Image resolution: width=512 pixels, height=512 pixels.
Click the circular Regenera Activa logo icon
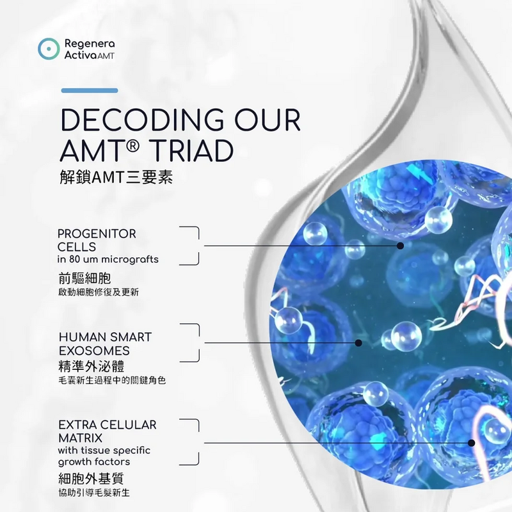(x=49, y=49)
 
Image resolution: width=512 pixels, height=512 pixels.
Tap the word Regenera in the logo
(x=90, y=44)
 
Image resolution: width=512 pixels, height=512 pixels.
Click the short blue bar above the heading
(x=90, y=90)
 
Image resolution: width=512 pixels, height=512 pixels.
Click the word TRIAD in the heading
(x=193, y=150)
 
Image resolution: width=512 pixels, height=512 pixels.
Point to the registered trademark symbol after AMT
(x=132, y=146)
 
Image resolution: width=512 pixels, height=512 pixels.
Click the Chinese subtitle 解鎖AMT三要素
(x=116, y=177)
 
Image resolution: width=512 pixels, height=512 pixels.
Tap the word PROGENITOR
(x=97, y=234)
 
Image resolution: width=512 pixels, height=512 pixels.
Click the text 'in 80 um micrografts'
(x=108, y=259)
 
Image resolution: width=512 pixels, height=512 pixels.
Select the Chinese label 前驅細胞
(x=84, y=278)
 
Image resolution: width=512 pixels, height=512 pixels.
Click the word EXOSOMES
(x=94, y=351)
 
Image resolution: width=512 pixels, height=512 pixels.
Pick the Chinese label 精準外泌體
(x=92, y=366)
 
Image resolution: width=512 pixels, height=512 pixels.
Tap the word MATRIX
(x=81, y=438)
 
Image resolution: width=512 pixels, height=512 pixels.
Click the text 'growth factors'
(x=94, y=462)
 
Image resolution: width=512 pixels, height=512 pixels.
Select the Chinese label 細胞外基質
(x=91, y=478)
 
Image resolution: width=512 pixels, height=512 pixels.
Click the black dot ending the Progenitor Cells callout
(x=401, y=246)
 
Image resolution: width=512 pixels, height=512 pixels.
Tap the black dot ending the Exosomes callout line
(x=358, y=343)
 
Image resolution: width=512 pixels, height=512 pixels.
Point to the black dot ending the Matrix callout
(x=471, y=443)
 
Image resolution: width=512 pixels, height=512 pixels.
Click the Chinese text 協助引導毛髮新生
(x=94, y=493)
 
